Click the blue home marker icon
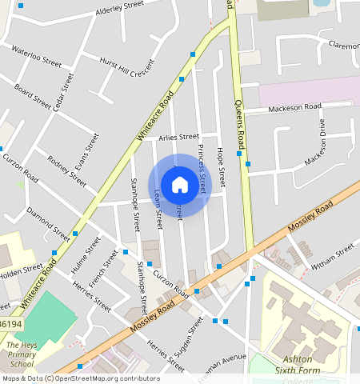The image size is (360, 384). point(180,185)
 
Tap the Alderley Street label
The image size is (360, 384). point(119,8)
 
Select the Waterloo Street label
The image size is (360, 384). point(36,55)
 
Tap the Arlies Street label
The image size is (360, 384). point(178,137)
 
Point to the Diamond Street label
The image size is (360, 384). point(48,223)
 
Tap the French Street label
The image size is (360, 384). point(103,268)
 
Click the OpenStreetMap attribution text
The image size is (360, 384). point(81,378)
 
